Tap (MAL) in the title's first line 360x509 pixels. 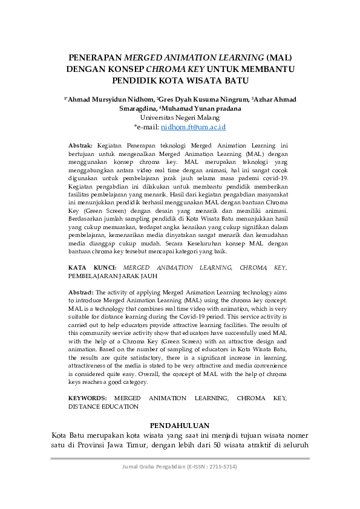(x=279, y=59)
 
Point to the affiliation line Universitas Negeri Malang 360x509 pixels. (x=180, y=118)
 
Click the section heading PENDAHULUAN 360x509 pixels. (x=180, y=425)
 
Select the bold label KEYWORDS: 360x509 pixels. (x=88, y=398)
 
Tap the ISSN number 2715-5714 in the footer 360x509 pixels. (x=221, y=467)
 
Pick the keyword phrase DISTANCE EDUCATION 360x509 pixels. (x=103, y=407)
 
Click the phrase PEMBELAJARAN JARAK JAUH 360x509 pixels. (x=113, y=276)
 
